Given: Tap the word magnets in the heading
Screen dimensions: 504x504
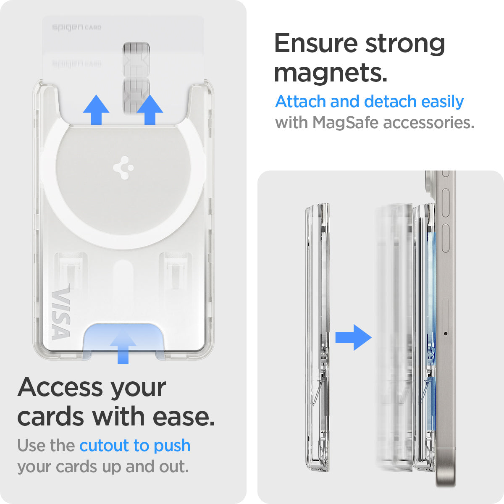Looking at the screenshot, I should (330, 73).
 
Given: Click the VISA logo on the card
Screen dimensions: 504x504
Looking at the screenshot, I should (60, 313).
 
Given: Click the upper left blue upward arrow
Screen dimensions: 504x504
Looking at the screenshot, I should (96, 110).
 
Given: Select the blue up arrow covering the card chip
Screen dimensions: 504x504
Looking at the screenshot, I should (150, 110).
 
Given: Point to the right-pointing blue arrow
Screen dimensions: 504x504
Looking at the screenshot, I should (353, 337).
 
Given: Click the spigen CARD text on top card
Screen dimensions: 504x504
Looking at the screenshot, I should (76, 27).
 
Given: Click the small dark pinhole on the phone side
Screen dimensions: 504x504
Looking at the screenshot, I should (445, 334).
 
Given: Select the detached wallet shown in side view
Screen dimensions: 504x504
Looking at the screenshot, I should (317, 336).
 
